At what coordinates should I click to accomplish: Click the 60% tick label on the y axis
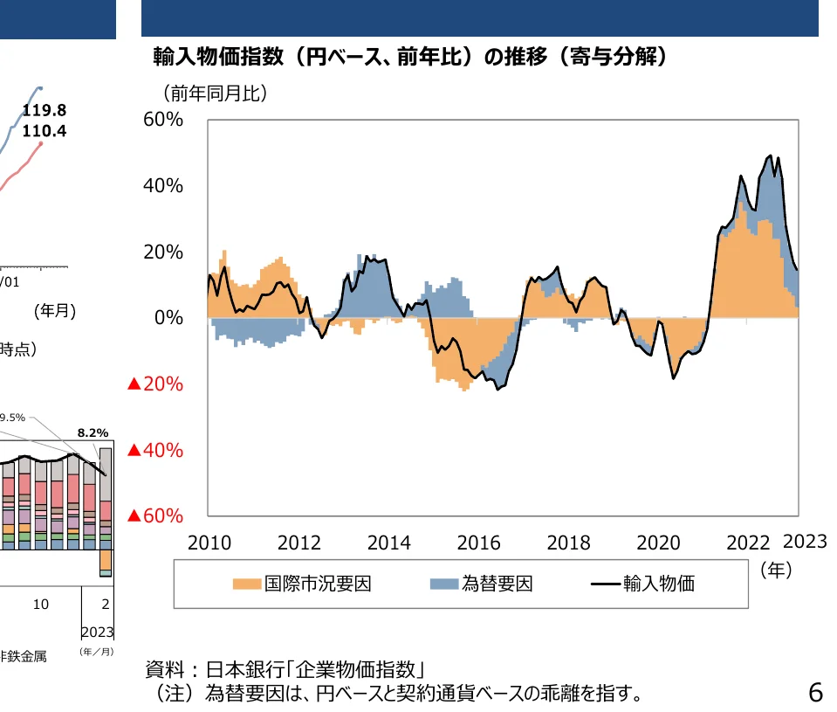click(x=163, y=120)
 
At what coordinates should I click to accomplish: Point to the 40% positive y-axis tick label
click(x=163, y=186)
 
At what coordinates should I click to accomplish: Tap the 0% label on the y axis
click(x=168, y=318)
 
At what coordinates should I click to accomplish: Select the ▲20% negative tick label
click(x=155, y=384)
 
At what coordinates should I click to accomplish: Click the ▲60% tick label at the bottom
click(x=155, y=516)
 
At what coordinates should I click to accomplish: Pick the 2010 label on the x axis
click(x=209, y=543)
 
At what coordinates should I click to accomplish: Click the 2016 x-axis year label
click(x=479, y=543)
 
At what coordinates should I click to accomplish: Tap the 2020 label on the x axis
click(x=658, y=543)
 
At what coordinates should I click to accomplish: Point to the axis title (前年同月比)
click(x=214, y=93)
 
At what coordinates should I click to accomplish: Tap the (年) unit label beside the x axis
click(x=775, y=570)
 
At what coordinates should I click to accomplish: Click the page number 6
click(x=815, y=693)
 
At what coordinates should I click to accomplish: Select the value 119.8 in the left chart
click(x=45, y=111)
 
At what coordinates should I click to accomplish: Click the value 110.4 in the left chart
click(x=45, y=132)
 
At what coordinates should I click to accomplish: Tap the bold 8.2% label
click(x=93, y=432)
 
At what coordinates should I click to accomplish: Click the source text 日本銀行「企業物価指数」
click(x=315, y=671)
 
